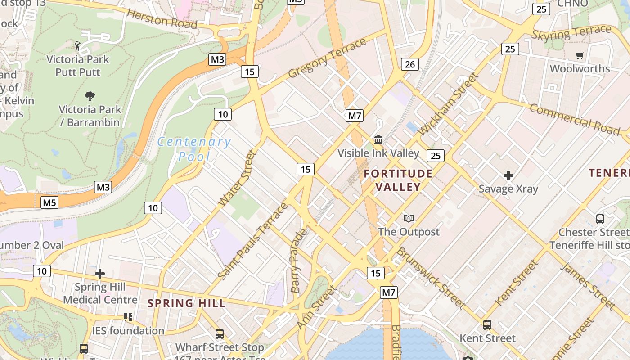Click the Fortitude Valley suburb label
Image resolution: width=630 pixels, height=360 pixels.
pyautogui.click(x=398, y=180)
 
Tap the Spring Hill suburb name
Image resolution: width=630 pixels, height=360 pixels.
pyautogui.click(x=186, y=303)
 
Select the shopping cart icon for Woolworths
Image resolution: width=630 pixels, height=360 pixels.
pyautogui.click(x=580, y=56)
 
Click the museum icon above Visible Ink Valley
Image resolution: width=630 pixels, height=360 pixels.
pyautogui.click(x=378, y=140)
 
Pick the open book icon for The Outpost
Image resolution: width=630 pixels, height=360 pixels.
pyautogui.click(x=408, y=219)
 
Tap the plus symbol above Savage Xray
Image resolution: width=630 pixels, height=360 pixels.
pyautogui.click(x=508, y=175)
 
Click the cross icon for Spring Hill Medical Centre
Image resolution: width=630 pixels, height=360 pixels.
pyautogui.click(x=100, y=274)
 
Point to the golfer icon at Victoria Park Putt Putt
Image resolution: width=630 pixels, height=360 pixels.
pyautogui.click(x=77, y=45)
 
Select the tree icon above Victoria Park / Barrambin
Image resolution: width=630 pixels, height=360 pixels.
pyautogui.click(x=90, y=96)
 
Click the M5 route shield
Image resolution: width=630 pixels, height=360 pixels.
pyautogui.click(x=49, y=203)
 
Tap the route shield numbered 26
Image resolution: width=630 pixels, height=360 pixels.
pyautogui.click(x=409, y=64)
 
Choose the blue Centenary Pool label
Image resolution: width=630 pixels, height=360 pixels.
pyautogui.click(x=194, y=149)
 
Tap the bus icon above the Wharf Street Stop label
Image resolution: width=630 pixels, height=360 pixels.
pyautogui.click(x=219, y=334)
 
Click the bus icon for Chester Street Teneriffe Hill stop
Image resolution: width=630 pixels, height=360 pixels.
pyautogui.click(x=600, y=219)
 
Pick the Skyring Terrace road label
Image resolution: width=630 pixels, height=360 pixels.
pyautogui.click(x=571, y=33)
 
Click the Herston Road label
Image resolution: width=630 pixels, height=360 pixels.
pyautogui.click(x=162, y=18)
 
